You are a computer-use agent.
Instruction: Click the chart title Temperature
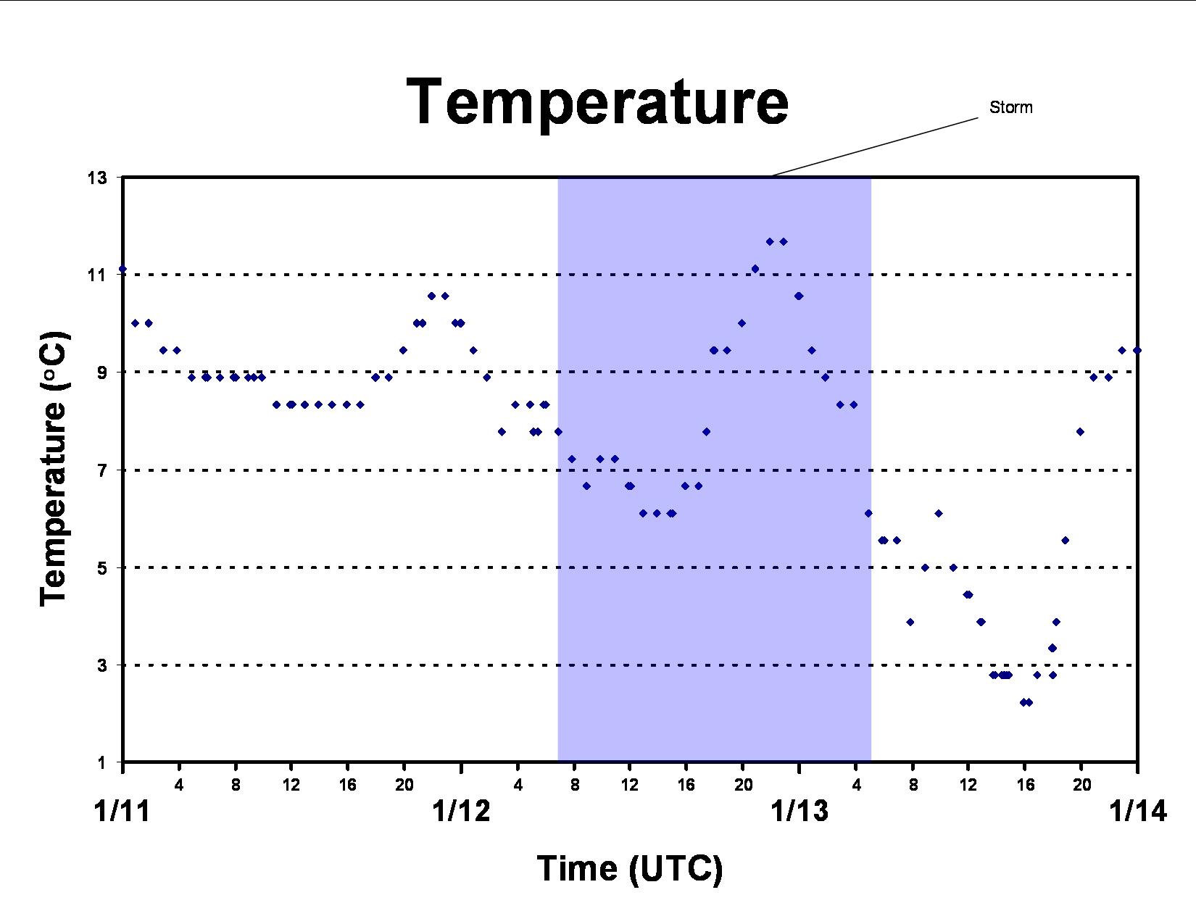598,103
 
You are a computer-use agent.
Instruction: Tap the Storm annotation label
1010,107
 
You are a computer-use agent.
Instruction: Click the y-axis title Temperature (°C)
54,470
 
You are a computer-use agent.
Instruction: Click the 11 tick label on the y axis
97,275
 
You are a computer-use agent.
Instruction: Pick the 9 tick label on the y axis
102,372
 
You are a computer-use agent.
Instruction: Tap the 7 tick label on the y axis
102,470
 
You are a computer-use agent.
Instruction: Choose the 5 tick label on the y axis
102,567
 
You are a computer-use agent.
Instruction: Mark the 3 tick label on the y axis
102,665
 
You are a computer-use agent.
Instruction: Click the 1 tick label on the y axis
102,763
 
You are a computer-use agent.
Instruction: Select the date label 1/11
122,811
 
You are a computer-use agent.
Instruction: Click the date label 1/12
461,811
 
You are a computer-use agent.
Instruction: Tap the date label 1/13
800,811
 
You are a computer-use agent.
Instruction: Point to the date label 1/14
1138,811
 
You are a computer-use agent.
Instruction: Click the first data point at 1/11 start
122,269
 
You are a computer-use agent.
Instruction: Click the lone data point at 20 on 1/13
1080,432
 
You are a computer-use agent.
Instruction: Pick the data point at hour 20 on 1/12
742,323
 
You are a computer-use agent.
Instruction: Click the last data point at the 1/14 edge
1137,351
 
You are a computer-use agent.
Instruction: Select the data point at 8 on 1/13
910,622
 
